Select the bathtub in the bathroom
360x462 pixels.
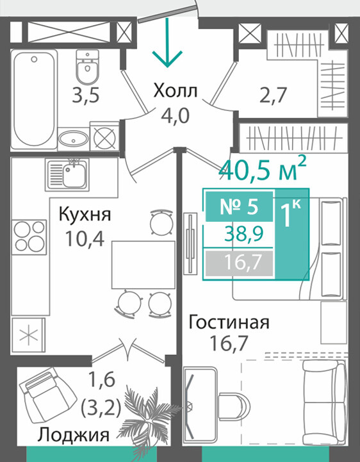pyautogui.click(x=34, y=99)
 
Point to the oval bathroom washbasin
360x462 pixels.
pyautogui.click(x=73, y=138)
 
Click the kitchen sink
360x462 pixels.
pyautogui.click(x=67, y=174)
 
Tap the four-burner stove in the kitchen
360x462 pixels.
pyautogui.click(x=29, y=236)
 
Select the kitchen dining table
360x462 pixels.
pyautogui.click(x=143, y=265)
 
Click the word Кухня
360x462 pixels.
pyautogui.click(x=85, y=215)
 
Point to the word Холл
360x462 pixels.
pyautogui.click(x=175, y=91)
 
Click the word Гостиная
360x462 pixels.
pyautogui.click(x=229, y=322)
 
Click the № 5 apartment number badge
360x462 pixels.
pyautogui.click(x=239, y=206)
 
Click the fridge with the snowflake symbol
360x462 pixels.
pyautogui.click(x=29, y=335)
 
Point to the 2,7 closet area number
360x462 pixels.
pyautogui.click(x=273, y=95)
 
